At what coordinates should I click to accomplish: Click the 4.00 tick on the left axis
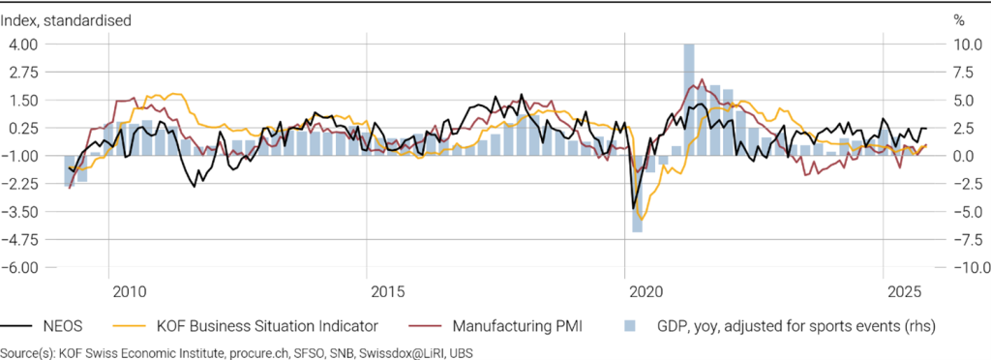click(x=23, y=45)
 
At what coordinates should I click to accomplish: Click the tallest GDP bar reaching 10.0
click(x=689, y=100)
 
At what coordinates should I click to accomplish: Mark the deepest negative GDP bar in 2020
click(x=638, y=194)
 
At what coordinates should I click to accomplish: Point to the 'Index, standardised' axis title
click(x=66, y=20)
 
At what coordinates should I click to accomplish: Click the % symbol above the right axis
click(x=959, y=20)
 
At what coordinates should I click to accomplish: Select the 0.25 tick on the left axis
click(x=23, y=128)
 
